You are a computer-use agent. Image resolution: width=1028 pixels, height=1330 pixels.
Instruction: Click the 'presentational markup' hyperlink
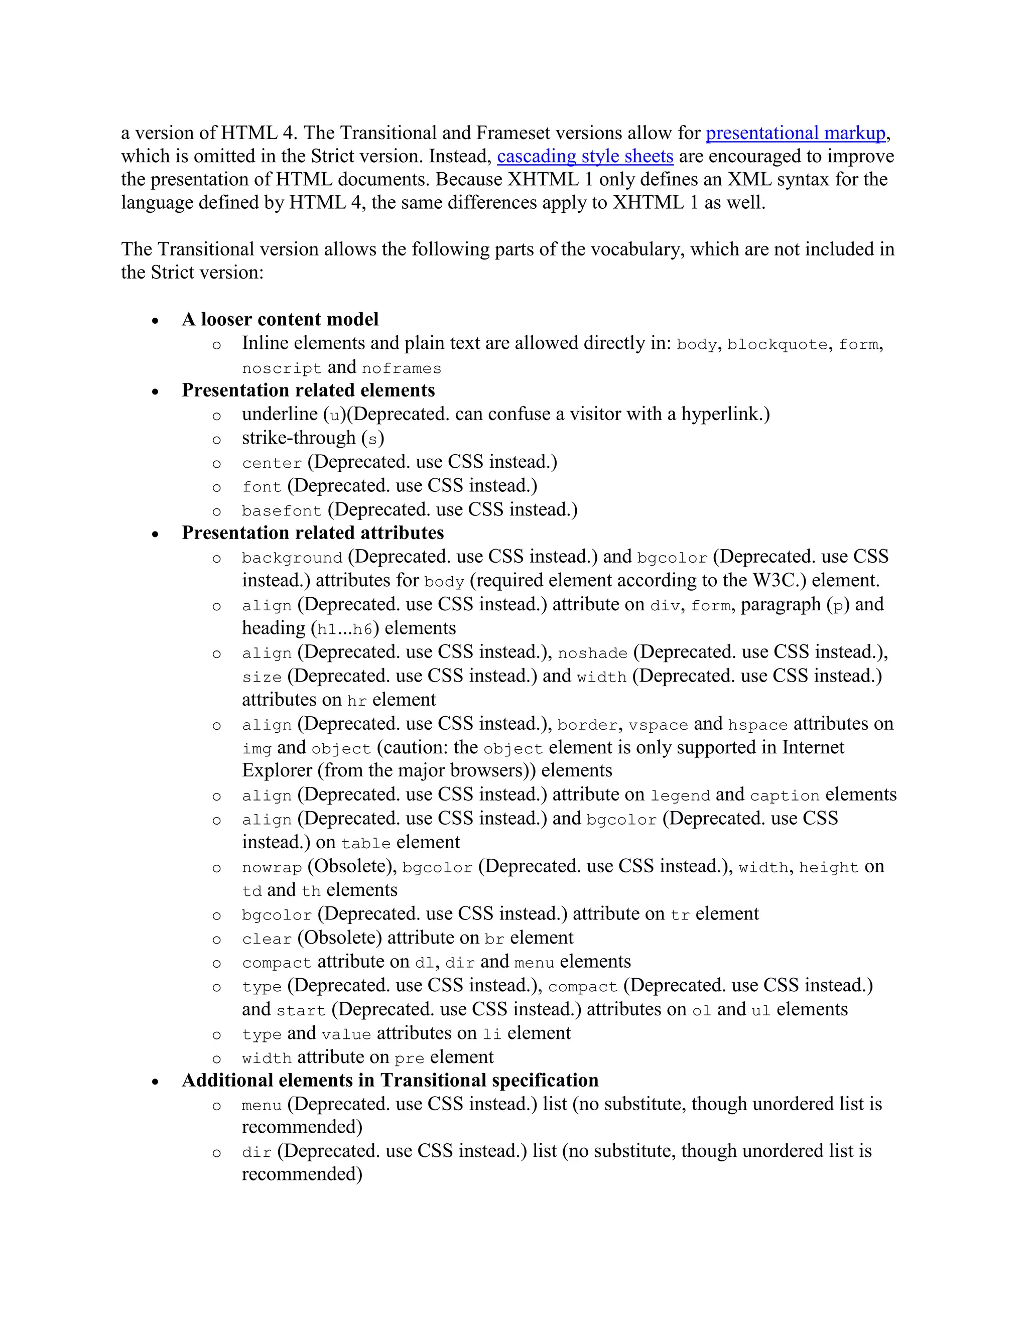pos(796,133)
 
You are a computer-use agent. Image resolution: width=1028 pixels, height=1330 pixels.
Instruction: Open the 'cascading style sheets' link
pos(585,157)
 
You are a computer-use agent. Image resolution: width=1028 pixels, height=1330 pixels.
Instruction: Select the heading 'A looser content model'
pos(280,319)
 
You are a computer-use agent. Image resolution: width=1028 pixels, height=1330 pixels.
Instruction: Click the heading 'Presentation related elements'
pos(308,390)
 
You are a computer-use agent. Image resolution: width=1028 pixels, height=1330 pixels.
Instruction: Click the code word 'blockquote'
pos(777,345)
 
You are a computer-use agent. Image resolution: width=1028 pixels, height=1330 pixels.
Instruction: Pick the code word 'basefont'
pos(282,510)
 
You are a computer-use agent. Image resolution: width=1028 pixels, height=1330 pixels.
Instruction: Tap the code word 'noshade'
pos(592,653)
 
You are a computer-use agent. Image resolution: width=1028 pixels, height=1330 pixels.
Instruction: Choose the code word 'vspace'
pos(658,725)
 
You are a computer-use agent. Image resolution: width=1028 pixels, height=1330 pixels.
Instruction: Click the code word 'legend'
pos(680,795)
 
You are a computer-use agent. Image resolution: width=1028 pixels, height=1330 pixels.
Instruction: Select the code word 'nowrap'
pos(272,867)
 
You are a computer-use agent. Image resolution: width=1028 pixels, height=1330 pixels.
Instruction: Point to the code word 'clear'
pos(267,939)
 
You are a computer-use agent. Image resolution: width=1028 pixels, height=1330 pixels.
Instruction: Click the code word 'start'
pos(301,1010)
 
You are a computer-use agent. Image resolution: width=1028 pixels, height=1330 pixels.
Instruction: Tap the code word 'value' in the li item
pos(346,1034)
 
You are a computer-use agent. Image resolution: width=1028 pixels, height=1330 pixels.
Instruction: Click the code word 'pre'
pos(409,1058)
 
